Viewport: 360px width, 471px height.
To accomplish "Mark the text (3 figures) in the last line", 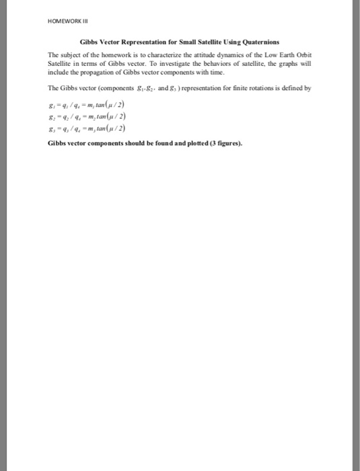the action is [222, 143].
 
